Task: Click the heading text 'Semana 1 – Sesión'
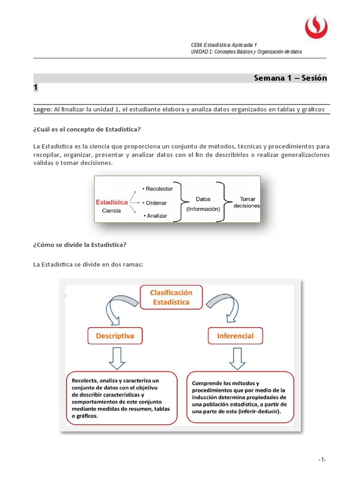point(290,78)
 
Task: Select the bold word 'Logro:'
point(43,109)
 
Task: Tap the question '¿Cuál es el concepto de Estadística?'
point(87,129)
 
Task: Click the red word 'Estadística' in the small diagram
point(112,202)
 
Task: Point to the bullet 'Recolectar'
point(158,188)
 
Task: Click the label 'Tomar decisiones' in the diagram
point(247,202)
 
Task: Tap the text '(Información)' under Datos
point(203,209)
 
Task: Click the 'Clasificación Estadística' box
point(171,297)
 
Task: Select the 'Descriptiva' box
point(114,336)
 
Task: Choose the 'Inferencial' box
point(235,336)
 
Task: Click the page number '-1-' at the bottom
point(322,460)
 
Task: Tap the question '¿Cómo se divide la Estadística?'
point(80,245)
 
